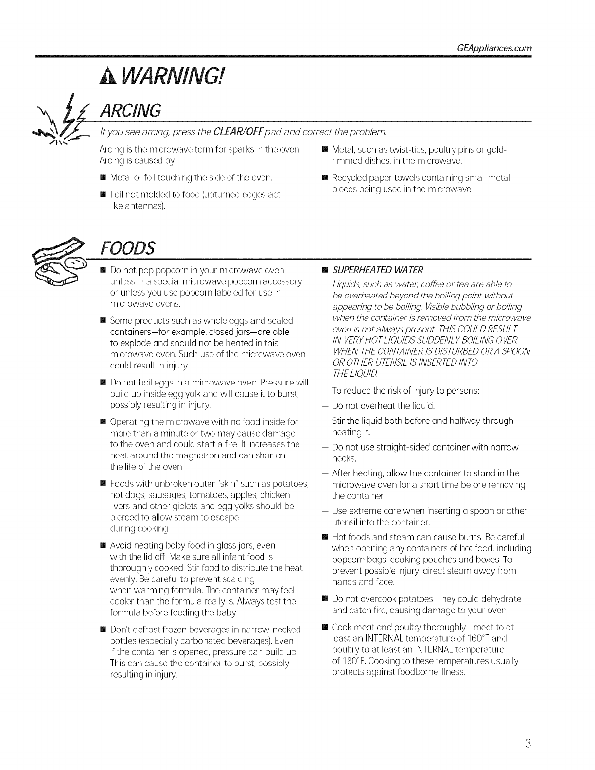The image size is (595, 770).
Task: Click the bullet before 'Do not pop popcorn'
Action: coord(103,270)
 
